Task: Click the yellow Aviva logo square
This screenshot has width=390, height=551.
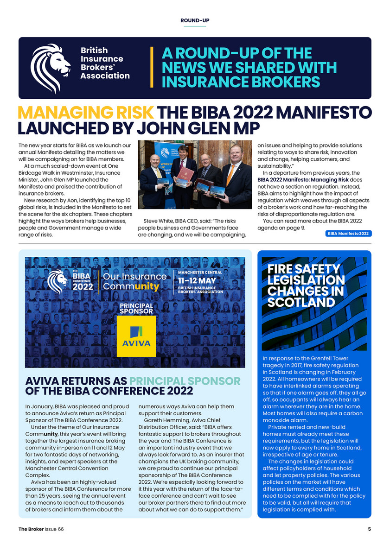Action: click(x=136, y=336)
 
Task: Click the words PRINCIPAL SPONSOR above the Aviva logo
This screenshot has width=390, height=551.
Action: click(x=136, y=309)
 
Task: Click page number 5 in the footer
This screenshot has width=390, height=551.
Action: click(x=370, y=529)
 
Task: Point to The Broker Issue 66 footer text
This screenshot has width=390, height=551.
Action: click(x=41, y=529)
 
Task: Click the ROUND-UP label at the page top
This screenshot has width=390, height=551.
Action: click(x=195, y=20)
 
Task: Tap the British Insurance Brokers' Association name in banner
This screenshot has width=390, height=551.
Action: click(x=105, y=63)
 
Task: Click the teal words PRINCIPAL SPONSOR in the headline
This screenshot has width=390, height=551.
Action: click(x=185, y=381)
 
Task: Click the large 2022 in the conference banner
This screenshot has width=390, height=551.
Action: click(x=83, y=286)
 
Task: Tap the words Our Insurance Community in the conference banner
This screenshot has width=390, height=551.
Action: click(x=134, y=281)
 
